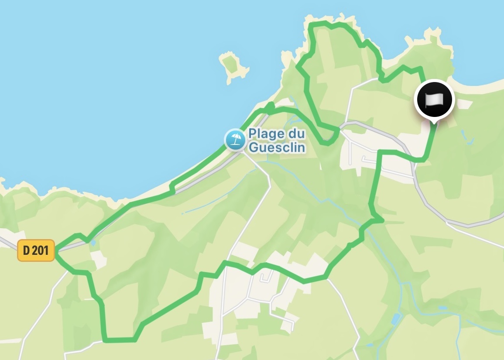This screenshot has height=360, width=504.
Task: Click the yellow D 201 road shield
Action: pyautogui.click(x=36, y=250)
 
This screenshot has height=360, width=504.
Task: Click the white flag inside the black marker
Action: pyautogui.click(x=434, y=100)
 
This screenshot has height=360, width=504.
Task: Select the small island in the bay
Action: pyautogui.click(x=233, y=65)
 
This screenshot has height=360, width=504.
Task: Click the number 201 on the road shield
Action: pyautogui.click(x=42, y=250)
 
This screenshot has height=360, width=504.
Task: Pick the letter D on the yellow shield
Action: pyautogui.click(x=26, y=250)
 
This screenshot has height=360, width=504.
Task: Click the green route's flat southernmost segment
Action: pyautogui.click(x=120, y=339)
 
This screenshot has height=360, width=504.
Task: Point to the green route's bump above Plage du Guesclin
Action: pyautogui.click(x=271, y=106)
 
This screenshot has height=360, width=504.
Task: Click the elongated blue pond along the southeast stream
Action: pyautogui.click(x=396, y=319)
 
